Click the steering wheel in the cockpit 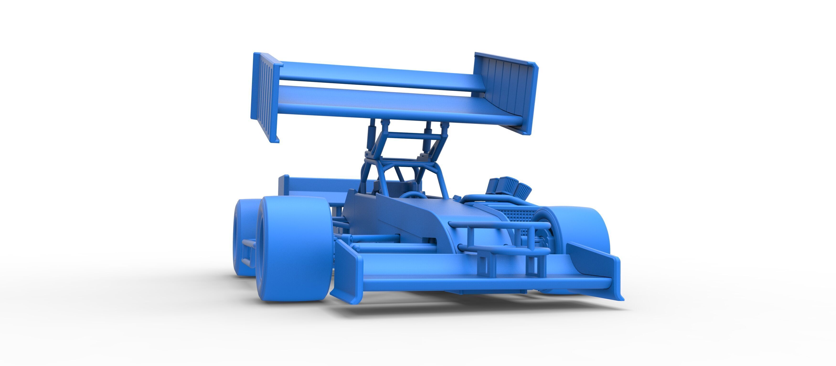pos(413,195)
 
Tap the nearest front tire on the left pos(294,253)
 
